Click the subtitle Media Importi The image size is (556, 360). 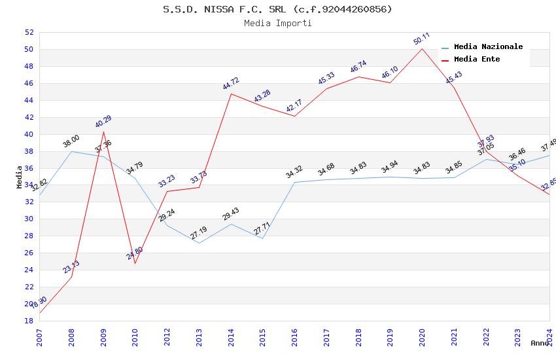tap(277, 23)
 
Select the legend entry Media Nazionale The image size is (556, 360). tap(488, 46)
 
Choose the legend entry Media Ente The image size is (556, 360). tap(476, 59)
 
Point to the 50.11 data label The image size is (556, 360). tap(422, 39)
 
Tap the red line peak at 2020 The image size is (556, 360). tap(422, 49)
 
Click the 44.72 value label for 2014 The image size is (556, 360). tap(231, 84)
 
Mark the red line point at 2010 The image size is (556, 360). tap(135, 263)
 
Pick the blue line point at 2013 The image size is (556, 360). tap(199, 243)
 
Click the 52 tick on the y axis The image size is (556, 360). tap(29, 32)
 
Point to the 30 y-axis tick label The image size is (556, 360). tap(29, 219)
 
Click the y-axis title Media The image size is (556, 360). tap(20, 177)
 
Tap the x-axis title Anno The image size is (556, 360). tap(540, 343)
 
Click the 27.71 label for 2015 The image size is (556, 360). tap(262, 228)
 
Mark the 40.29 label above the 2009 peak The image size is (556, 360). tap(103, 122)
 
